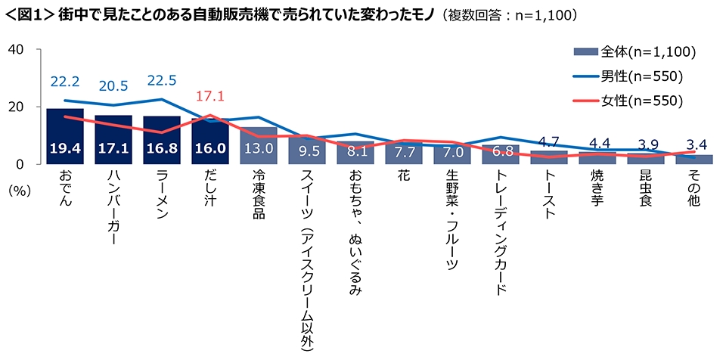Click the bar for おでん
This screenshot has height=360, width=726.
pyautogui.click(x=65, y=137)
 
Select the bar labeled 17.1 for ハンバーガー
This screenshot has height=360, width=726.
pyautogui.click(x=113, y=140)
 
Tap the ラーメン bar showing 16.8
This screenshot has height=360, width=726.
pyautogui.click(x=162, y=141)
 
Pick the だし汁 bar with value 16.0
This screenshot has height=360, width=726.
pyautogui.click(x=210, y=141)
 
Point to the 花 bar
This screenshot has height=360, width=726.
pyautogui.click(x=404, y=154)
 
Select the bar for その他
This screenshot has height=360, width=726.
pyautogui.click(x=694, y=160)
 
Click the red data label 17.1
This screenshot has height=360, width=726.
pyautogui.click(x=211, y=97)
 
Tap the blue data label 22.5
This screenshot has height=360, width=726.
pyautogui.click(x=162, y=80)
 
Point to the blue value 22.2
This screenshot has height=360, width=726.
pyautogui.click(x=65, y=80)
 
